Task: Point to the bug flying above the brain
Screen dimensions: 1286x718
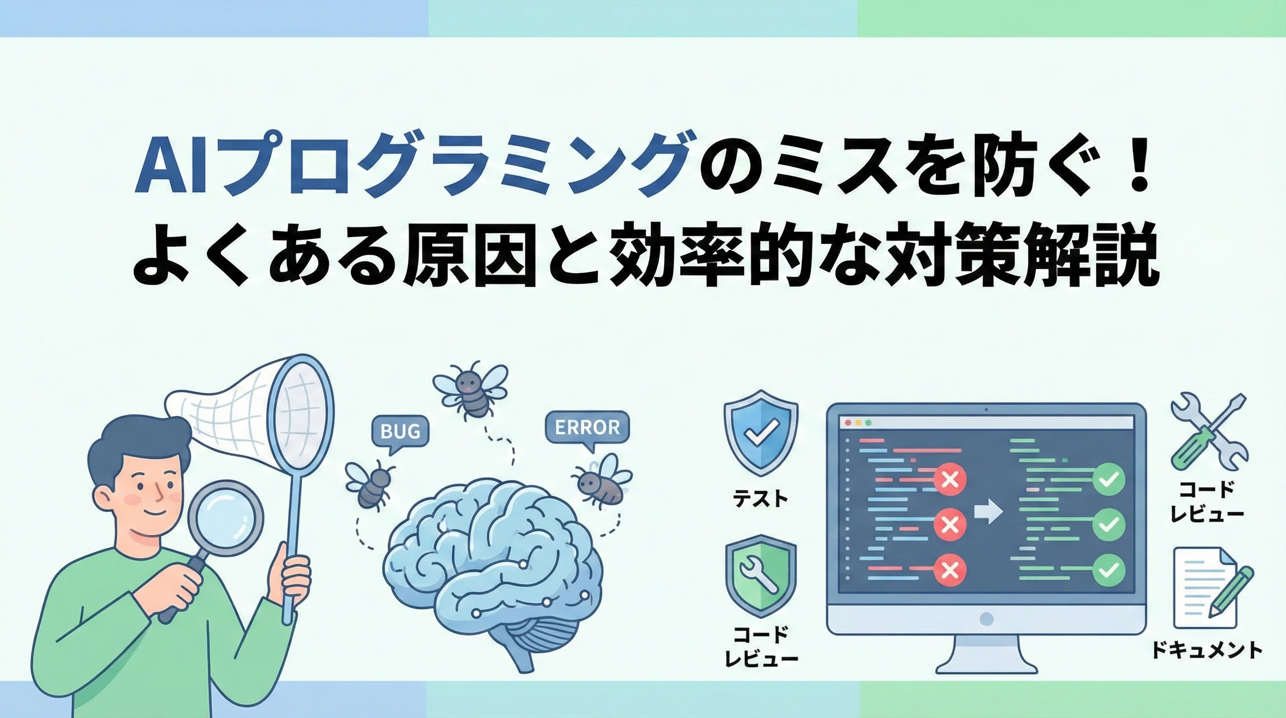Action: point(470,389)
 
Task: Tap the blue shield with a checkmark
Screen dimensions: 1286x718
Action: point(760,432)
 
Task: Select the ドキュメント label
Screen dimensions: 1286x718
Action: point(1207,650)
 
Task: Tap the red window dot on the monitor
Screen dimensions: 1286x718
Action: point(848,423)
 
